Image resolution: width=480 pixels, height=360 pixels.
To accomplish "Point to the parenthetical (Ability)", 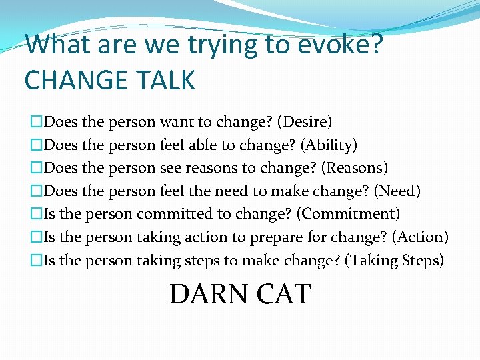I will tap(329, 145).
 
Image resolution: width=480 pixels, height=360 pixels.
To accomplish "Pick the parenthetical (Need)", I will tap(397, 191).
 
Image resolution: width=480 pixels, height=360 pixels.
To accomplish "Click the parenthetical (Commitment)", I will tap(348, 214).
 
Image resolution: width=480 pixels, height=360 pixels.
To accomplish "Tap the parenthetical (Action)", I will tap(420, 237).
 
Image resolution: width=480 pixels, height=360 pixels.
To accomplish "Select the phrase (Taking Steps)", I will tap(394, 260).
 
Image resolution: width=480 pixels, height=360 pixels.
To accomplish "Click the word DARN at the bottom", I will tap(207, 294).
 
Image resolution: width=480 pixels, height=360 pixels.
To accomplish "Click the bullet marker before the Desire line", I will tap(36, 122).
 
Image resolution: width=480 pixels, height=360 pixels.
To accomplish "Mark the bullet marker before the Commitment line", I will tap(36, 214).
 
